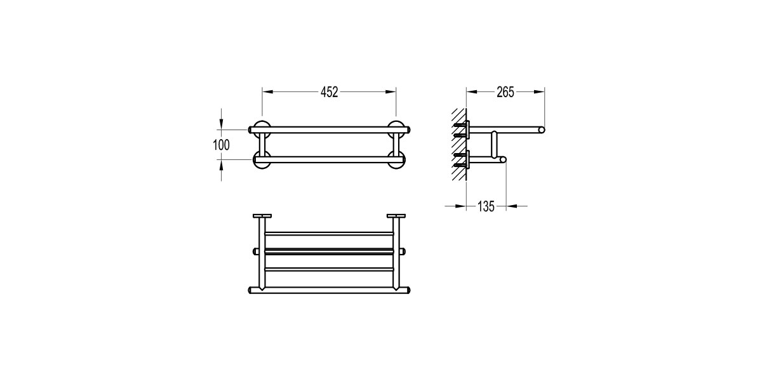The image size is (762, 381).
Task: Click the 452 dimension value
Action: point(330,92)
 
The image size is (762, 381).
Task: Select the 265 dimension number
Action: point(505,92)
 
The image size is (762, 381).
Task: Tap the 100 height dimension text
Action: point(221,145)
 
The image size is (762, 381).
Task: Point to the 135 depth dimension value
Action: point(486,206)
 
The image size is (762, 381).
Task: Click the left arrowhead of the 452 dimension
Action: point(268,92)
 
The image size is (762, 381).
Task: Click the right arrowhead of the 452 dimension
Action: point(391,92)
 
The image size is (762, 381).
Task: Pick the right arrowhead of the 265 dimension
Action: point(539,92)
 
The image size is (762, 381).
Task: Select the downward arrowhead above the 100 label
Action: point(222,124)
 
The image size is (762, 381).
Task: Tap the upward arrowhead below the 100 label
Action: point(222,164)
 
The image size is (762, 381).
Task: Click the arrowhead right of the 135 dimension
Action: point(512,206)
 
